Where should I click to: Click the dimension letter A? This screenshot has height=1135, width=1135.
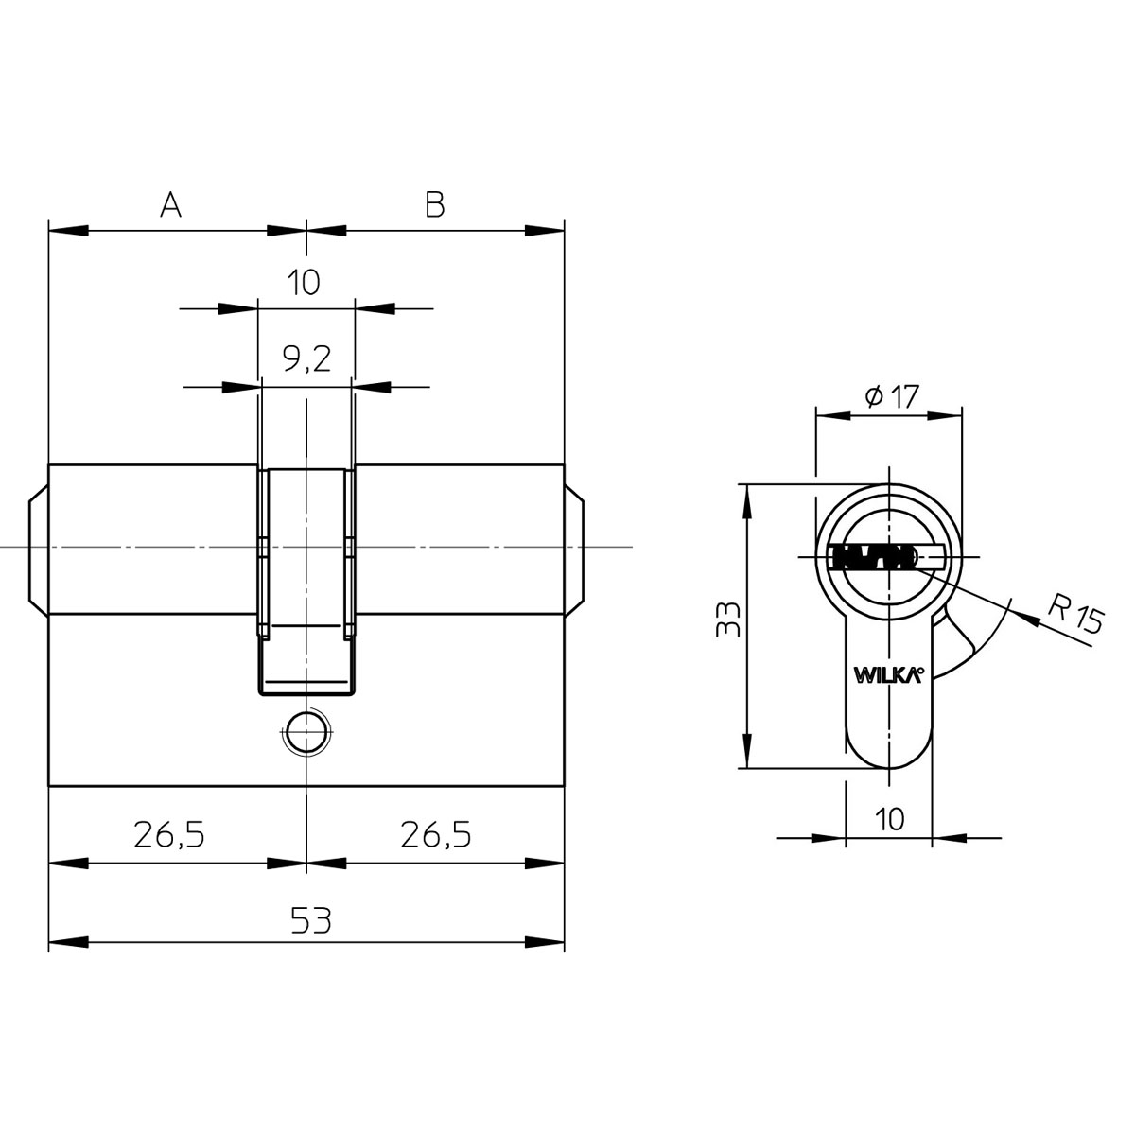(170, 204)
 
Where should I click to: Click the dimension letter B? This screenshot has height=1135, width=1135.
(435, 204)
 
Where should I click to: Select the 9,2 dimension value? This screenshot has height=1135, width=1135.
(306, 358)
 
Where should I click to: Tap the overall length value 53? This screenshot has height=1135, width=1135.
(311, 920)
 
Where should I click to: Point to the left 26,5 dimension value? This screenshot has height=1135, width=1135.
(169, 834)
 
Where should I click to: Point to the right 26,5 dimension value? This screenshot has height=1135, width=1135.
(436, 834)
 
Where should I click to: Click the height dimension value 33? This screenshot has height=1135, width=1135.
(727, 619)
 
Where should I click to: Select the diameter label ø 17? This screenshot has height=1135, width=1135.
(892, 396)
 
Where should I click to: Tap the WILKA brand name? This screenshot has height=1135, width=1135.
(888, 674)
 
